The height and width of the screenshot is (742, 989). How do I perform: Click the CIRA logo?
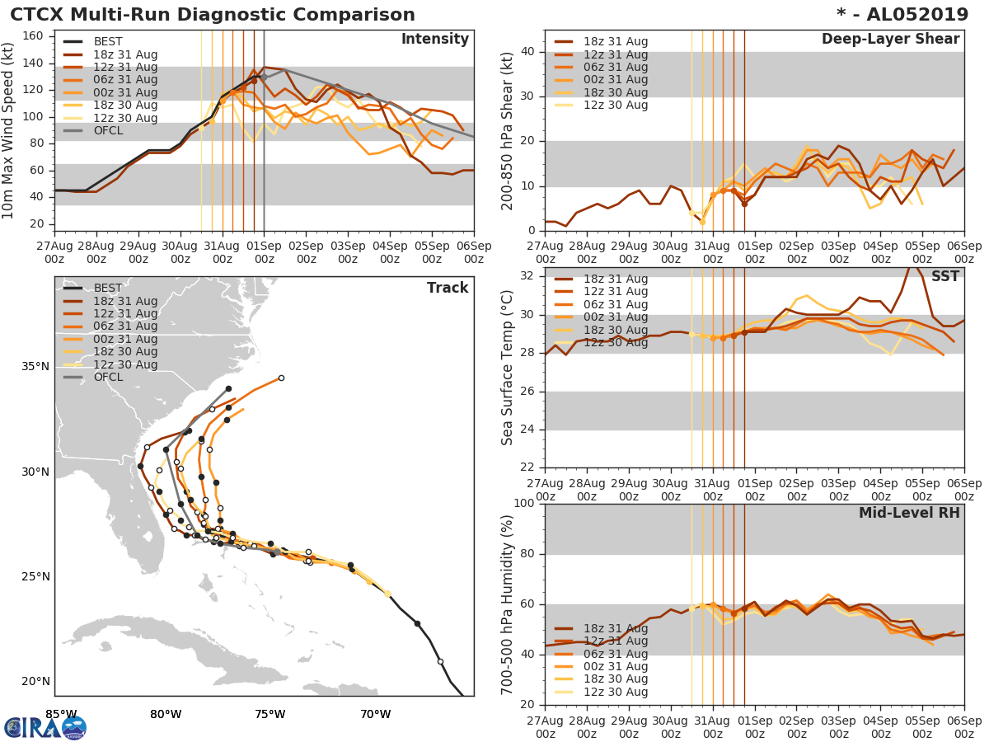[x=45, y=726]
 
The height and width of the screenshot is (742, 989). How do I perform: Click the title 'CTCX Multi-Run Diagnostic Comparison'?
[x=213, y=15]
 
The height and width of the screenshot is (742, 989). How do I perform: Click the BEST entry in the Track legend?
[x=108, y=288]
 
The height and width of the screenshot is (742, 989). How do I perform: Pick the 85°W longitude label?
[x=61, y=713]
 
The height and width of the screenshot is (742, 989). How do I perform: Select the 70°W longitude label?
[x=375, y=713]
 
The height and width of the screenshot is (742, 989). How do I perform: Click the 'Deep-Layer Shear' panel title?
[x=890, y=40]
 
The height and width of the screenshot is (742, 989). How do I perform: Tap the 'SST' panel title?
[x=944, y=277]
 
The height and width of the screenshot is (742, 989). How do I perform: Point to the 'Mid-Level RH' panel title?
[x=909, y=513]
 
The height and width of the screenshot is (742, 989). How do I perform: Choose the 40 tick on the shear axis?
[x=528, y=52]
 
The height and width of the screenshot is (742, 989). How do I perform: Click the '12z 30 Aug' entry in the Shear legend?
[x=616, y=106]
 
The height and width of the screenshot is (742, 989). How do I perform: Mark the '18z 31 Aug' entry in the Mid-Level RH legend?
[x=616, y=628]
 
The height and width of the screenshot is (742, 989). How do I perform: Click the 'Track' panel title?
[x=447, y=288]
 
